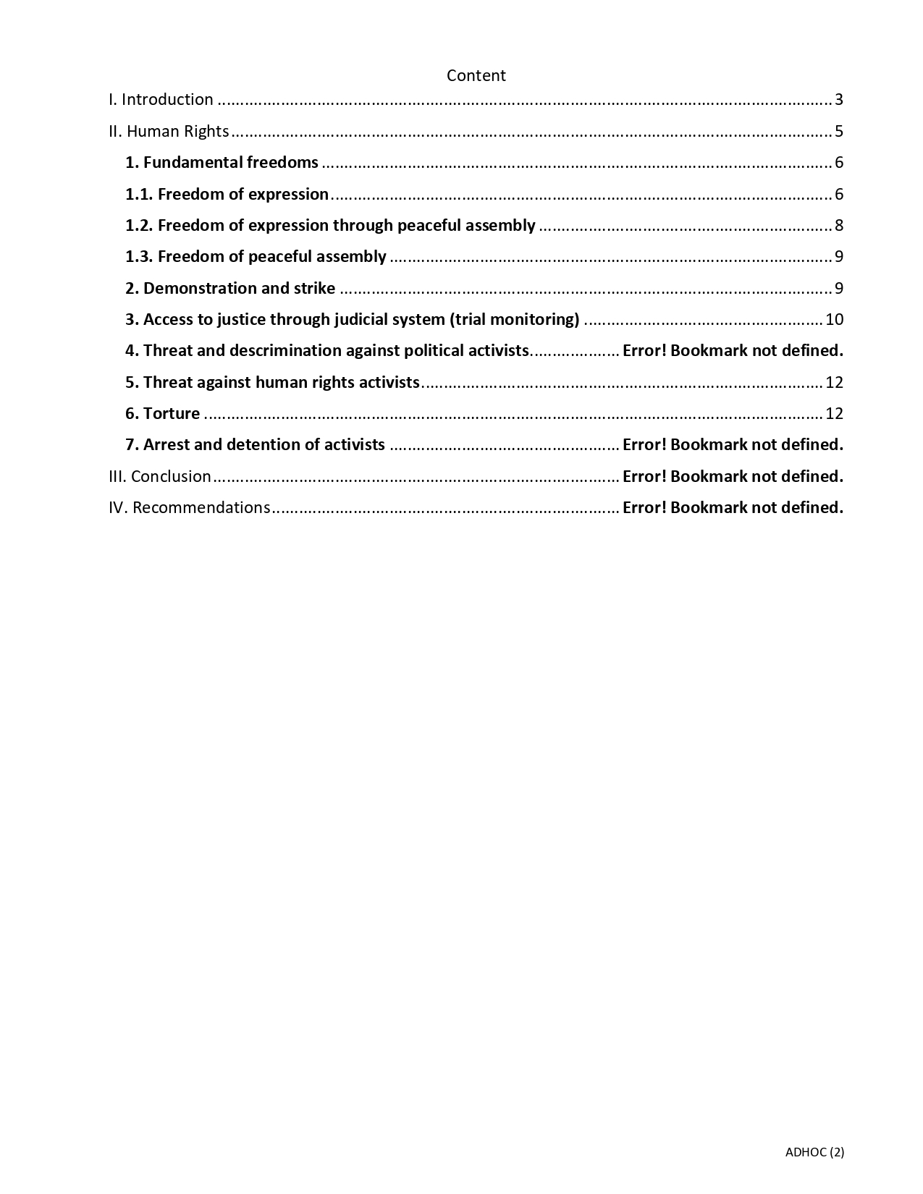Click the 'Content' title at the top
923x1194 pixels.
[x=476, y=75]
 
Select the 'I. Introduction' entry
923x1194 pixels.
[x=161, y=100]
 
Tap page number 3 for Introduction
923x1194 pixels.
[x=839, y=100]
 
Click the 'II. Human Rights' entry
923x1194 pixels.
[x=169, y=131]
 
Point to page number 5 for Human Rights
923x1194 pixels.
[x=839, y=131]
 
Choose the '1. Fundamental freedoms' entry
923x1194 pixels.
[x=222, y=162]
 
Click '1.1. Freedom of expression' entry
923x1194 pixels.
[x=227, y=194]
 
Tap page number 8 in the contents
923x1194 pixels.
[x=839, y=225]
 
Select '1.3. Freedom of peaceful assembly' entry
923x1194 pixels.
[x=256, y=256]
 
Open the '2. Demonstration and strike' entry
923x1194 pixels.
[x=230, y=288]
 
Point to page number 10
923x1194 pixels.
[x=834, y=319]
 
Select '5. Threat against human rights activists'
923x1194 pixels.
[x=272, y=382]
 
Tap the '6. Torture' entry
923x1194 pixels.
[x=163, y=413]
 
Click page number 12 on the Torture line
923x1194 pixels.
[x=834, y=413]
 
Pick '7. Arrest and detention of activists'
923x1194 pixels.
[x=255, y=444]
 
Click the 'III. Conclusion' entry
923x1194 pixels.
[x=160, y=476]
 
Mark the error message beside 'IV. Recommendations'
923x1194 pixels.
[x=733, y=507]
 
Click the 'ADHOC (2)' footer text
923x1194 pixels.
[x=814, y=1152]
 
